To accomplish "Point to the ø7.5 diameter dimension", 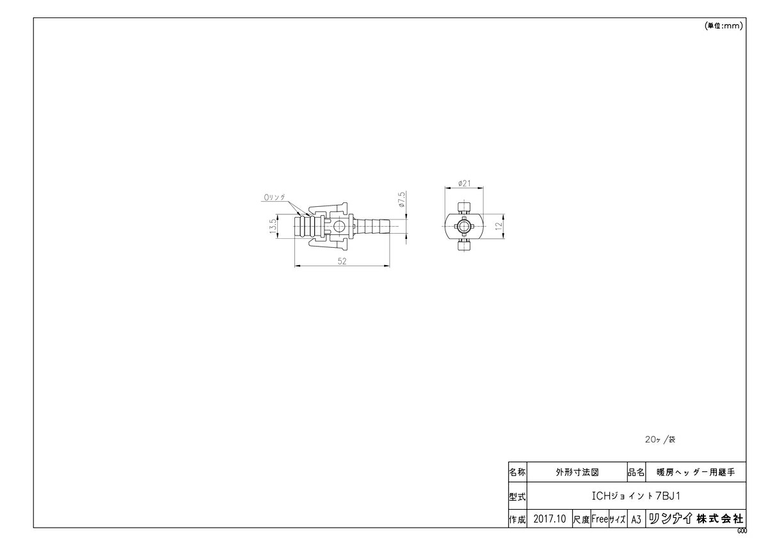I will [x=401, y=200].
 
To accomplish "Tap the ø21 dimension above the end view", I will [x=465, y=184].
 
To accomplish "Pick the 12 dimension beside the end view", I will [x=497, y=226].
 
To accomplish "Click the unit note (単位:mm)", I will [x=723, y=26].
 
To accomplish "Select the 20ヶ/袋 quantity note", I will [x=660, y=441].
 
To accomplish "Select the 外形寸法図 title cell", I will [x=577, y=473].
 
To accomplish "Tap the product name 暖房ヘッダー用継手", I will [x=696, y=473].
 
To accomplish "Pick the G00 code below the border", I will [x=741, y=531].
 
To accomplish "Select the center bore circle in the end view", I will [x=464, y=226].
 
